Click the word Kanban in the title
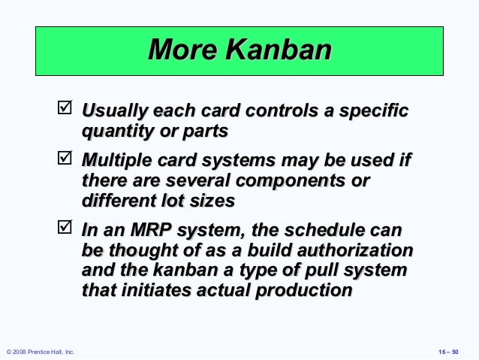pyautogui.click(x=279, y=50)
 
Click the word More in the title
pyautogui.click(x=182, y=50)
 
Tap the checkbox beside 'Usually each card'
pyautogui.click(x=65, y=107)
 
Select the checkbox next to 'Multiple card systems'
pyautogui.click(x=65, y=158)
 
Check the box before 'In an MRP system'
pyautogui.click(x=65, y=227)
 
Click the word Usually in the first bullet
pyautogui.click(x=115, y=110)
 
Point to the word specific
pyautogui.click(x=374, y=110)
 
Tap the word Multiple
pyautogui.click(x=116, y=161)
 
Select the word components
pyautogui.click(x=291, y=181)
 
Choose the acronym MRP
pyautogui.click(x=151, y=230)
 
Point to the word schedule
pyautogui.click(x=324, y=230)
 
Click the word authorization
pyautogui.click(x=355, y=250)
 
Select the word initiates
pyautogui.click(x=156, y=290)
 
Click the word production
pyautogui.click(x=304, y=291)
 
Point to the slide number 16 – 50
pyautogui.click(x=448, y=352)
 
